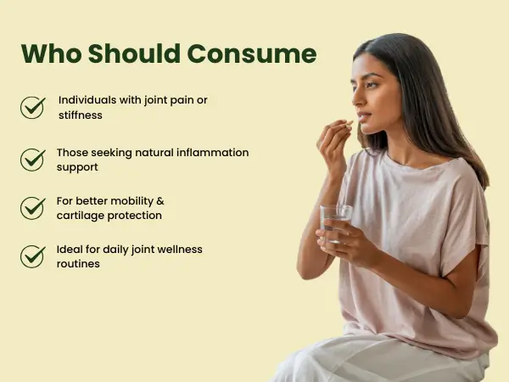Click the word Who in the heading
point(51,53)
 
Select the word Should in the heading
point(134,53)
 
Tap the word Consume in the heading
point(252,53)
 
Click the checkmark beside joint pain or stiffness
point(32,108)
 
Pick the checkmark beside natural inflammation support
point(32,160)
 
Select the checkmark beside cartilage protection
point(32,208)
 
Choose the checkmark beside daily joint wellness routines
point(32,256)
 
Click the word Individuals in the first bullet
point(87,100)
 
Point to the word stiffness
point(81,115)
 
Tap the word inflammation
point(211,152)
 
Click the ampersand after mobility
point(160,201)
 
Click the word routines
point(78,264)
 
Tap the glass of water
point(336,224)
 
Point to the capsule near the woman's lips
point(350,123)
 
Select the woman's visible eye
point(372,85)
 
